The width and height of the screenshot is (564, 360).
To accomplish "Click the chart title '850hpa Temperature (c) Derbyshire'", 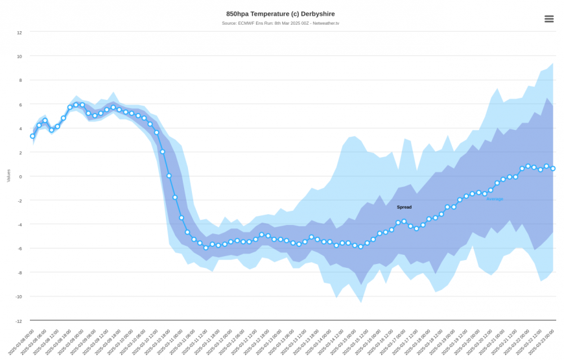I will coord(281,14).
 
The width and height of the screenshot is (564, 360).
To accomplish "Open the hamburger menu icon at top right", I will coord(549,19).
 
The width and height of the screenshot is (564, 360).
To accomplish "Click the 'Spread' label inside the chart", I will coord(404,208).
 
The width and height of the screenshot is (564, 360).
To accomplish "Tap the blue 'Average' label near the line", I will coord(495,198).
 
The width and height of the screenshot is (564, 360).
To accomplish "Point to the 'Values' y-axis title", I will coord(8,175).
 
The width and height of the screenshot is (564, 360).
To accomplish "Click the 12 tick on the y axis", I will coord(19,32).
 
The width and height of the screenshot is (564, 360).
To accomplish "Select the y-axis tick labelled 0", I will coord(20,176).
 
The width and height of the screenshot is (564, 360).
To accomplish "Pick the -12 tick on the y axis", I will coord(18,320).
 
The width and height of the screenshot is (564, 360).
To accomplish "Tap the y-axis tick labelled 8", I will coord(20,80).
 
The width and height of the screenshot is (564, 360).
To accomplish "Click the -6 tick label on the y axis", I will coord(19,248).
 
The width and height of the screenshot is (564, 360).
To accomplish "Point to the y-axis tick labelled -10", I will coord(18,296).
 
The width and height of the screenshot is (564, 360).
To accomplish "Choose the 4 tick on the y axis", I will coord(20,128).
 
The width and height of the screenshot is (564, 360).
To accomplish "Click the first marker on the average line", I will coord(32,136).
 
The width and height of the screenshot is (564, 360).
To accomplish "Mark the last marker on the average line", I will coord(553,169).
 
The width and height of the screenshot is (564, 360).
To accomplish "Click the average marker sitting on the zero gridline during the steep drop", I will coord(169,176).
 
